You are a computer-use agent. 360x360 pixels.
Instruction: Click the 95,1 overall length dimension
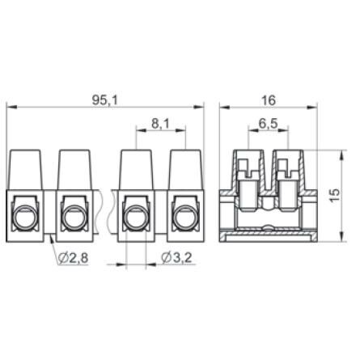coord(105,100)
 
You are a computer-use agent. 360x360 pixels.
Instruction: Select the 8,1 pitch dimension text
coord(160,124)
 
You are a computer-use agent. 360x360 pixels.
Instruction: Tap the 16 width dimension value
coord(269,100)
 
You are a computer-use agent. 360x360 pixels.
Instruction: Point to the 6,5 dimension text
coord(268,124)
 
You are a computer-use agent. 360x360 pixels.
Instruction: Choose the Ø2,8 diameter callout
coord(73,258)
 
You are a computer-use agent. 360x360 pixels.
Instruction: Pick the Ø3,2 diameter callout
coord(176,258)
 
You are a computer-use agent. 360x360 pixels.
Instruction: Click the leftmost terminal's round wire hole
coord(23,218)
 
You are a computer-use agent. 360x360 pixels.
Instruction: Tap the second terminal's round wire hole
coord(74,218)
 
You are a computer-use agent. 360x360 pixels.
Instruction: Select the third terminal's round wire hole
coord(136,218)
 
